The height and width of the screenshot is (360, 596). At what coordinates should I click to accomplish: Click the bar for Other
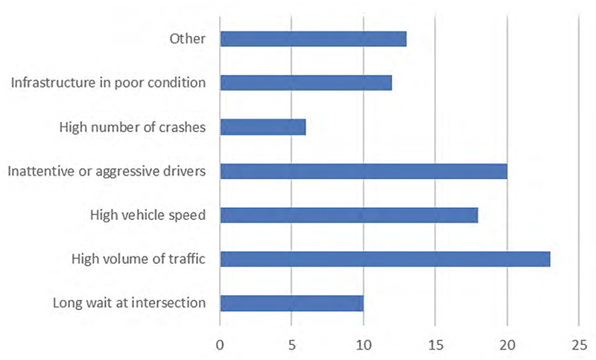[313, 39]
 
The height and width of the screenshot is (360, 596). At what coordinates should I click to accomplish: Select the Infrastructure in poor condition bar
[305, 83]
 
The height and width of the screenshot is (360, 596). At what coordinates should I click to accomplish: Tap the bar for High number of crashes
[262, 127]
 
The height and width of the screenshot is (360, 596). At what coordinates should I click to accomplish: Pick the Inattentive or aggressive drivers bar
[364, 171]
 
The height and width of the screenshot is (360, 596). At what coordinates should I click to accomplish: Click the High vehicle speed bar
[349, 215]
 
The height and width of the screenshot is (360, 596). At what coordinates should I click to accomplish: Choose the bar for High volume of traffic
[384, 259]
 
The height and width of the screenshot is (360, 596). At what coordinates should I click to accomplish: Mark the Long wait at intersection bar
[291, 303]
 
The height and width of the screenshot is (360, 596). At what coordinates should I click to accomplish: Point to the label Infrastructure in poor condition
[108, 83]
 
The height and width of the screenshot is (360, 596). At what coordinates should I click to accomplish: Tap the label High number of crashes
[132, 127]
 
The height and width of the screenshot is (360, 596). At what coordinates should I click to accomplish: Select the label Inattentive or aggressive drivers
[107, 171]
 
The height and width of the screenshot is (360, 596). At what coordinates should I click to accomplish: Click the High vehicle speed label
[148, 215]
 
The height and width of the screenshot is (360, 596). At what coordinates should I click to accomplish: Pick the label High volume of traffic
[138, 259]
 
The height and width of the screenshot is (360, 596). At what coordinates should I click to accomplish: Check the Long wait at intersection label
[129, 303]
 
